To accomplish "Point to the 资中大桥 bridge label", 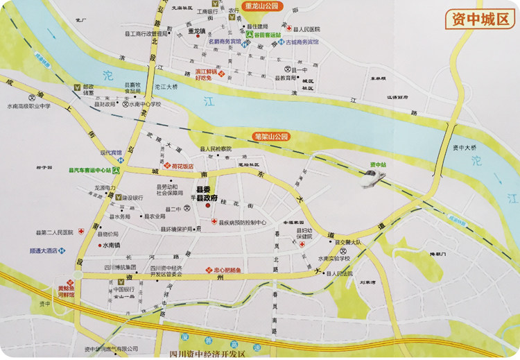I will [x=464, y=148].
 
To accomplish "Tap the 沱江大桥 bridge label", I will [x=166, y=86].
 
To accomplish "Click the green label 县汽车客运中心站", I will [x=90, y=169].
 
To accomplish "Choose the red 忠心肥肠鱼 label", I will [x=225, y=270].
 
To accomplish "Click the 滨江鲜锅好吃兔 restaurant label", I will [x=206, y=74].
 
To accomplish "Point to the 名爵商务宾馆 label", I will [x=225, y=42].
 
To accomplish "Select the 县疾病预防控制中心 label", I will [x=243, y=223].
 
